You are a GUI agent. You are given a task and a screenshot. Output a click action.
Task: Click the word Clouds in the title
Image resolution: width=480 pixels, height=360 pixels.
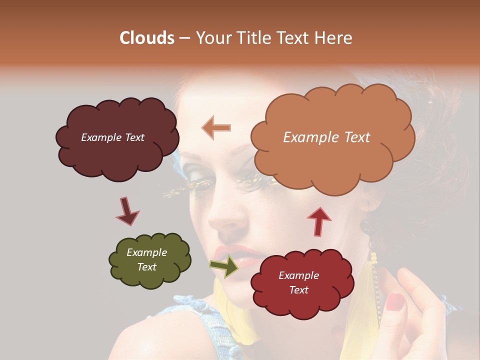tap(146, 38)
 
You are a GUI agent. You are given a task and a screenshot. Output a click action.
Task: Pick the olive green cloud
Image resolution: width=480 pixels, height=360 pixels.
tap(149, 260)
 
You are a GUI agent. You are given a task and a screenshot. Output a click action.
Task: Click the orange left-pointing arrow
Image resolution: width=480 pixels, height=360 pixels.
tap(216, 128)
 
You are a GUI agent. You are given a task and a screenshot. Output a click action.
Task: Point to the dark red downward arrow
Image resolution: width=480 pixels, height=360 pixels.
tap(127, 211)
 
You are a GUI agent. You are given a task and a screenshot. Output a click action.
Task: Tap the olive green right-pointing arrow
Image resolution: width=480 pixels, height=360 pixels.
tap(224, 265)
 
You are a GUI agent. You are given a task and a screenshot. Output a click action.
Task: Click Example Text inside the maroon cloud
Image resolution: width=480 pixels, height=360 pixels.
tap(112, 137)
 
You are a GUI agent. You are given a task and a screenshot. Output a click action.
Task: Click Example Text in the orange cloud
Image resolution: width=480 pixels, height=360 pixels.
tap(326, 137)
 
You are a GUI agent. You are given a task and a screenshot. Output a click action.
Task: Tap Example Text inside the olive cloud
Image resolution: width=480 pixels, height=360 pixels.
tap(146, 260)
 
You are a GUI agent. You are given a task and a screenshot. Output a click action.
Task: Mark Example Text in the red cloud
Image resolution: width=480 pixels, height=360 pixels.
tap(298, 282)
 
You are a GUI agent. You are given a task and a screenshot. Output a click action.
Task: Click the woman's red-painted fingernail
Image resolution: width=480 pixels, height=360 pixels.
tap(395, 300)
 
